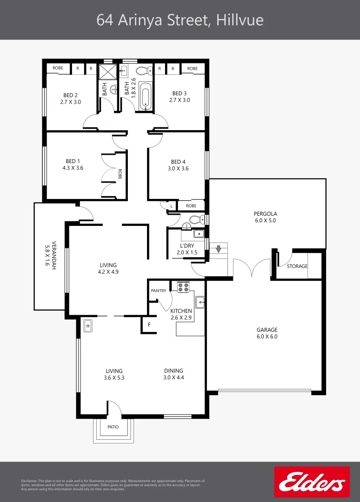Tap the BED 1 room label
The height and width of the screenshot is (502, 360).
[73, 161]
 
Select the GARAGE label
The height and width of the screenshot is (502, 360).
[267, 330]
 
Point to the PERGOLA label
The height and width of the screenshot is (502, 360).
[265, 213]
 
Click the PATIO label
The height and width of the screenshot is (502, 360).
[113, 427]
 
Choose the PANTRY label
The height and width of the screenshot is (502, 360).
[159, 291]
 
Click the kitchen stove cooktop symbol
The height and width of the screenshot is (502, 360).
[183, 287]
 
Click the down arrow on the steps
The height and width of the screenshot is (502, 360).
[219, 248]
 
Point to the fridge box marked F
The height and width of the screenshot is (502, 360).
[149, 324]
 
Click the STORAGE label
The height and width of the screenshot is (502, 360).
[297, 266]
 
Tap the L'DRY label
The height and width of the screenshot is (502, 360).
[187, 245]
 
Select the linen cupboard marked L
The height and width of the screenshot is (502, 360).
[171, 206]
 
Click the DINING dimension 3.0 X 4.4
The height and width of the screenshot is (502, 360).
[173, 377]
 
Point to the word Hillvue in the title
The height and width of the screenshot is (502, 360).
[240, 20]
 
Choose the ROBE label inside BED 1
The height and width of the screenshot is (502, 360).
[120, 174]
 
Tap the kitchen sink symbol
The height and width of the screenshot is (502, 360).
[200, 302]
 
